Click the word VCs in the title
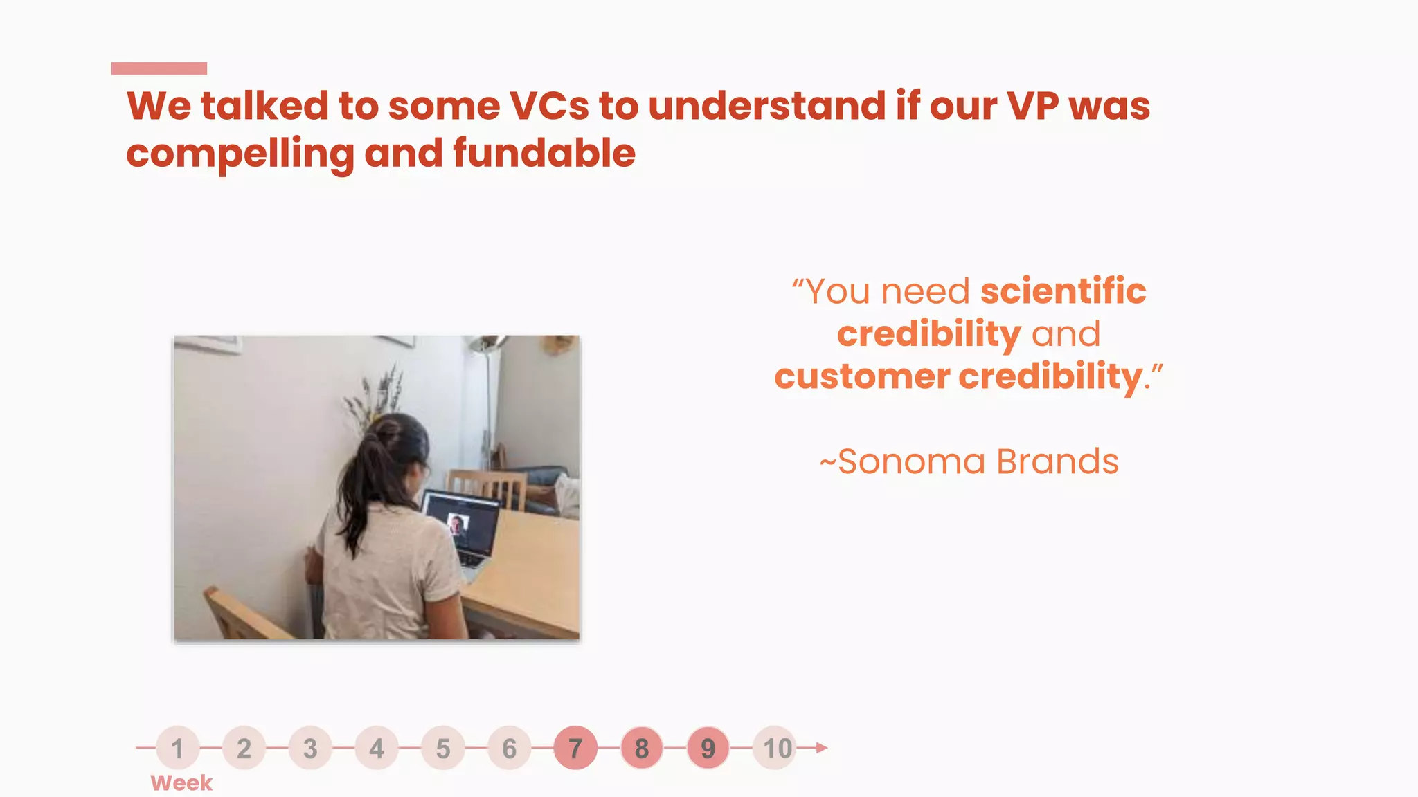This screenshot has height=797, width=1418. (x=549, y=106)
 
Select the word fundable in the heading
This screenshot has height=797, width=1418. (x=544, y=153)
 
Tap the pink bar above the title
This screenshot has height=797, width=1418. (x=159, y=68)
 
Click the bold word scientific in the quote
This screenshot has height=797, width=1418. (x=1063, y=291)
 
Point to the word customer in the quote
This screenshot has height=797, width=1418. (x=862, y=377)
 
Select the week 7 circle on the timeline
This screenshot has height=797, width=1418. (x=575, y=748)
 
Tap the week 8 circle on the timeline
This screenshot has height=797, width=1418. (x=642, y=748)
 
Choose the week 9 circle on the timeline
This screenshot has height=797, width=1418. (x=708, y=748)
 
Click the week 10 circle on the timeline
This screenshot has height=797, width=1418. (x=776, y=748)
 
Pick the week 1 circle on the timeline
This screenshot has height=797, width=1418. (x=178, y=748)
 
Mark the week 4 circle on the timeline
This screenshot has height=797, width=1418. (x=377, y=748)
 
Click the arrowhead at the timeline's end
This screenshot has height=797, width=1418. (x=821, y=748)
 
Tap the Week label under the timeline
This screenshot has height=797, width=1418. (x=181, y=783)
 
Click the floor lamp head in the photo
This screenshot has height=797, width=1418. (x=487, y=343)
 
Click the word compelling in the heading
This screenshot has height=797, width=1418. (x=240, y=153)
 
